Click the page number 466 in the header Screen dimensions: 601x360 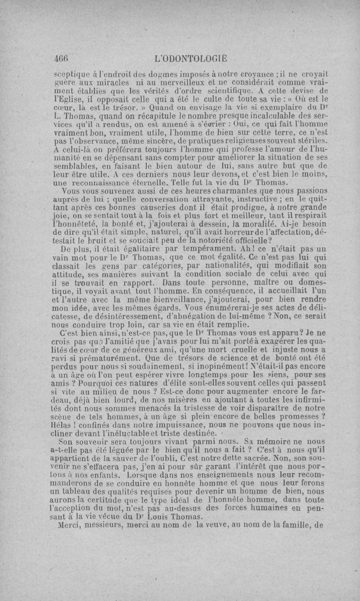coord(60,58)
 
